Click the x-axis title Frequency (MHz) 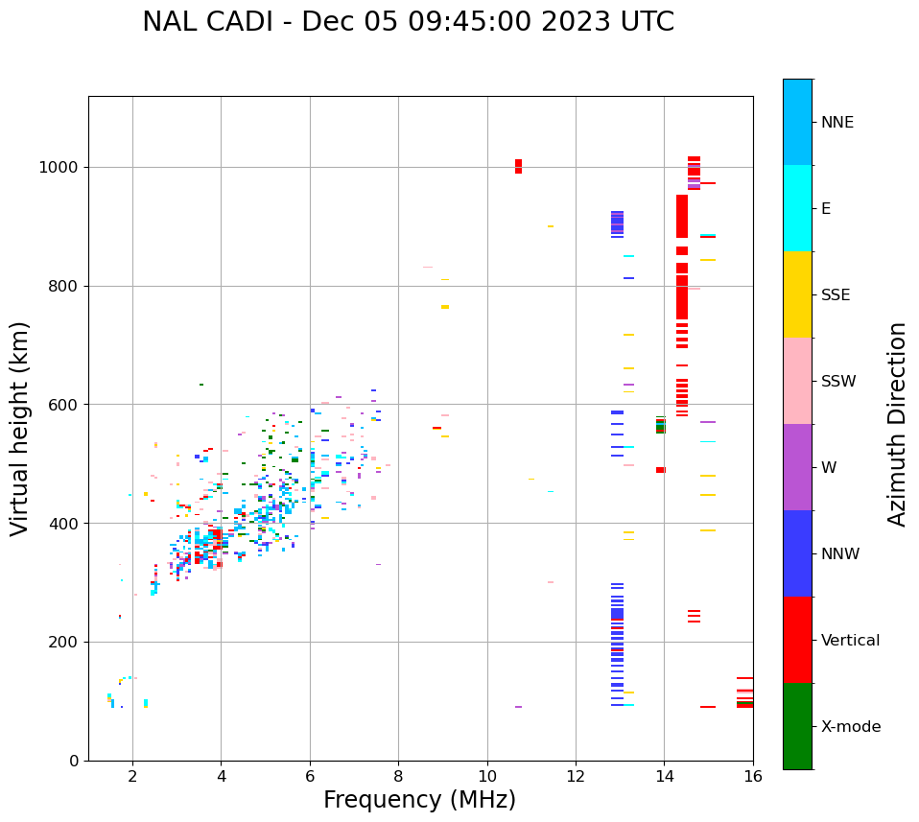tap(419, 800)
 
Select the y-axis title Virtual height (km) tap(20, 429)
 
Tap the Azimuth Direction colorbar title tap(897, 424)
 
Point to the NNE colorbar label tap(837, 123)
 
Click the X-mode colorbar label tap(850, 727)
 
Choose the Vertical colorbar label tap(850, 641)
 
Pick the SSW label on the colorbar tap(838, 382)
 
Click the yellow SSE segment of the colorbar tap(797, 294)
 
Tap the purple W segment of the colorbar tap(797, 466)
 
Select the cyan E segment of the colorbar tap(797, 207)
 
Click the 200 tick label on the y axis tap(66, 642)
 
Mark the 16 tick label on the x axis tap(753, 776)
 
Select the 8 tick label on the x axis tap(398, 776)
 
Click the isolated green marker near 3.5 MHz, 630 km tap(200, 385)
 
